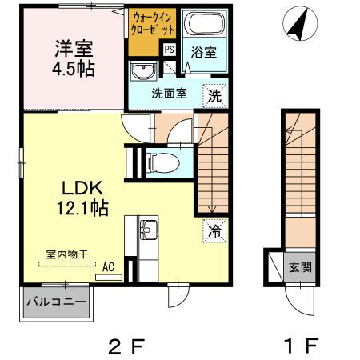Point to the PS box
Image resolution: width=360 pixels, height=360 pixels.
point(170,49)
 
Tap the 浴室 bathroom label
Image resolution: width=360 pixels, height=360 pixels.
point(202,53)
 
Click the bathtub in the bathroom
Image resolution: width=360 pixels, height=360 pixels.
point(202,24)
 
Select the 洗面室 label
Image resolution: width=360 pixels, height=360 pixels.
point(169,94)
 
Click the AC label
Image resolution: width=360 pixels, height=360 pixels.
point(108,267)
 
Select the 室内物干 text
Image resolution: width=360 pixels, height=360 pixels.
point(67,254)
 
